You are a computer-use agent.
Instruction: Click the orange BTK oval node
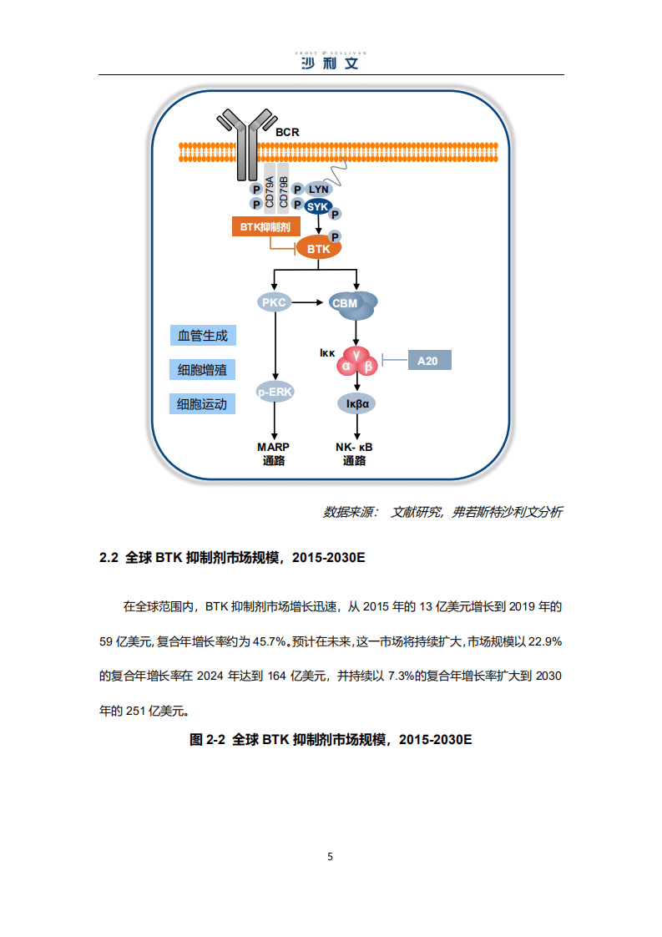coord(319,249)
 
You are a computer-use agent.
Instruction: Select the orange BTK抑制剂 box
coord(265,227)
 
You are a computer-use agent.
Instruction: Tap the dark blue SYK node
coord(318,207)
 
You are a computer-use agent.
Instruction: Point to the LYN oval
coord(319,190)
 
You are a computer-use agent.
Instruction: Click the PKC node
coord(274,302)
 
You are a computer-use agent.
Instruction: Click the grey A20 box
coord(427,361)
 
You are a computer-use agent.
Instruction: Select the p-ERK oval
coord(275,392)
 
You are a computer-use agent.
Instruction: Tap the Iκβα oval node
coord(357,403)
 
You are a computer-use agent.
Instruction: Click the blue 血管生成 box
coord(202,336)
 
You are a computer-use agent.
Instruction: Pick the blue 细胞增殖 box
coord(202,369)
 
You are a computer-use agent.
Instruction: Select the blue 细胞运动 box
coord(202,404)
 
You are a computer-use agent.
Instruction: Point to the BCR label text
coord(287,132)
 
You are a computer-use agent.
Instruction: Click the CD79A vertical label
coord(270,191)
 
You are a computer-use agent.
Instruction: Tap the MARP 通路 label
coord(273,453)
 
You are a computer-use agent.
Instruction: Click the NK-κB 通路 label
coord(355,453)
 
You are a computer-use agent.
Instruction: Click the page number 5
coord(331,856)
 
